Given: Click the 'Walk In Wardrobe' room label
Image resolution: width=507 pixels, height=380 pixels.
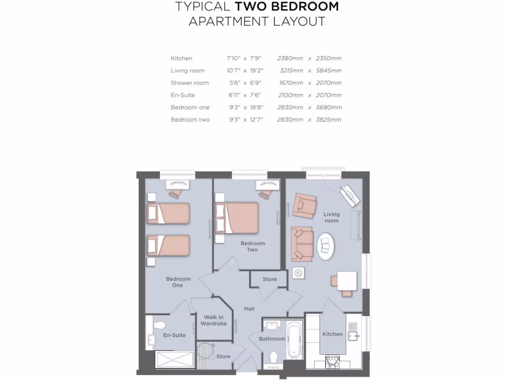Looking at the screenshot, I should (214, 321).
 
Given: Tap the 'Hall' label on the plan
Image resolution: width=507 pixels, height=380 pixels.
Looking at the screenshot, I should (249, 309).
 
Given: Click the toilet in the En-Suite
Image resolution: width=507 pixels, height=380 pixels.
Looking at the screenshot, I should (159, 326).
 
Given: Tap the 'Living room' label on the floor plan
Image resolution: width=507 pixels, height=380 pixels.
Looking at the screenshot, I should (332, 217).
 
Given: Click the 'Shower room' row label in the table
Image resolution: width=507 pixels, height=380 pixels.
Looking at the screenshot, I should (190, 83).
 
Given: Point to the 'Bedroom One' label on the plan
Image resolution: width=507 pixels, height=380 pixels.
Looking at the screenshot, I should (178, 282).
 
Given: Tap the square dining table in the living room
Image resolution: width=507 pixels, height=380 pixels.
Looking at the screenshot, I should (347, 281).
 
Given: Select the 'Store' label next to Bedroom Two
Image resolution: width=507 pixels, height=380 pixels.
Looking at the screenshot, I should (270, 279).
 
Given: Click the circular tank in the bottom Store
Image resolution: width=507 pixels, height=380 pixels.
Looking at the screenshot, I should (204, 350).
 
